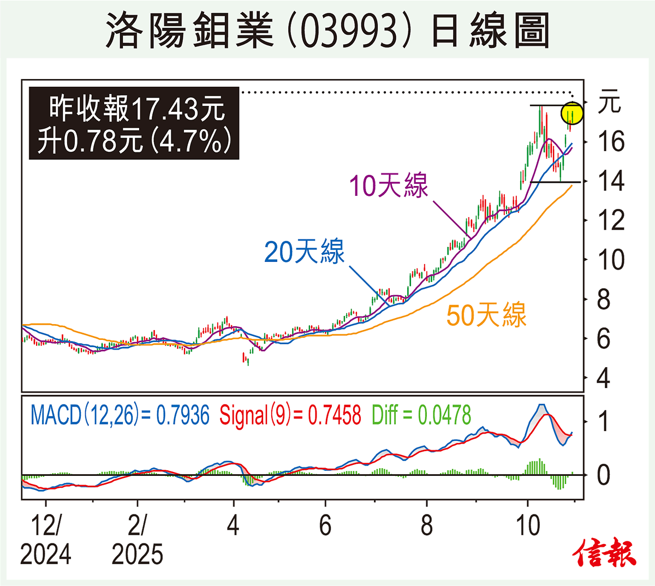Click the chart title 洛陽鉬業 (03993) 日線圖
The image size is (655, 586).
pyautogui.click(x=327, y=30)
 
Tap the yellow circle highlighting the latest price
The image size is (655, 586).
pyautogui.click(x=572, y=113)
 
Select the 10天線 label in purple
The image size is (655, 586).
pyautogui.click(x=388, y=186)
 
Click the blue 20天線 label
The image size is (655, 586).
pyautogui.click(x=304, y=252)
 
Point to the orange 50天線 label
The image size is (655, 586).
pyautogui.click(x=486, y=315)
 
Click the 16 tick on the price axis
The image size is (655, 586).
pyautogui.click(x=611, y=142)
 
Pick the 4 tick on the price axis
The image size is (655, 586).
pyautogui.click(x=603, y=378)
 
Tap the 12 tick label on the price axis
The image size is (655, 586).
pyautogui.click(x=611, y=220)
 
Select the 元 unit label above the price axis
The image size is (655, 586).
pyautogui.click(x=609, y=103)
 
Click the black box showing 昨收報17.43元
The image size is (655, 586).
pyautogui.click(x=134, y=124)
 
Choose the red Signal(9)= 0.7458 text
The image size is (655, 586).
pyautogui.click(x=290, y=416)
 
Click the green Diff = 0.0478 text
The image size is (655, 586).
pyautogui.click(x=421, y=416)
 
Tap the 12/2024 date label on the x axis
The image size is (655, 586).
pyautogui.click(x=45, y=540)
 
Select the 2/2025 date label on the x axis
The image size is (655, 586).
pyautogui.click(x=137, y=540)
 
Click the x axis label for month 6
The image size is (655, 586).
pyautogui.click(x=325, y=526)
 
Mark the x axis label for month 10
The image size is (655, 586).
pyautogui.click(x=527, y=526)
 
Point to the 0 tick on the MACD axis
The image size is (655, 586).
pyautogui.click(x=603, y=475)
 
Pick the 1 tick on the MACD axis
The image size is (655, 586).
pyautogui.click(x=603, y=421)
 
